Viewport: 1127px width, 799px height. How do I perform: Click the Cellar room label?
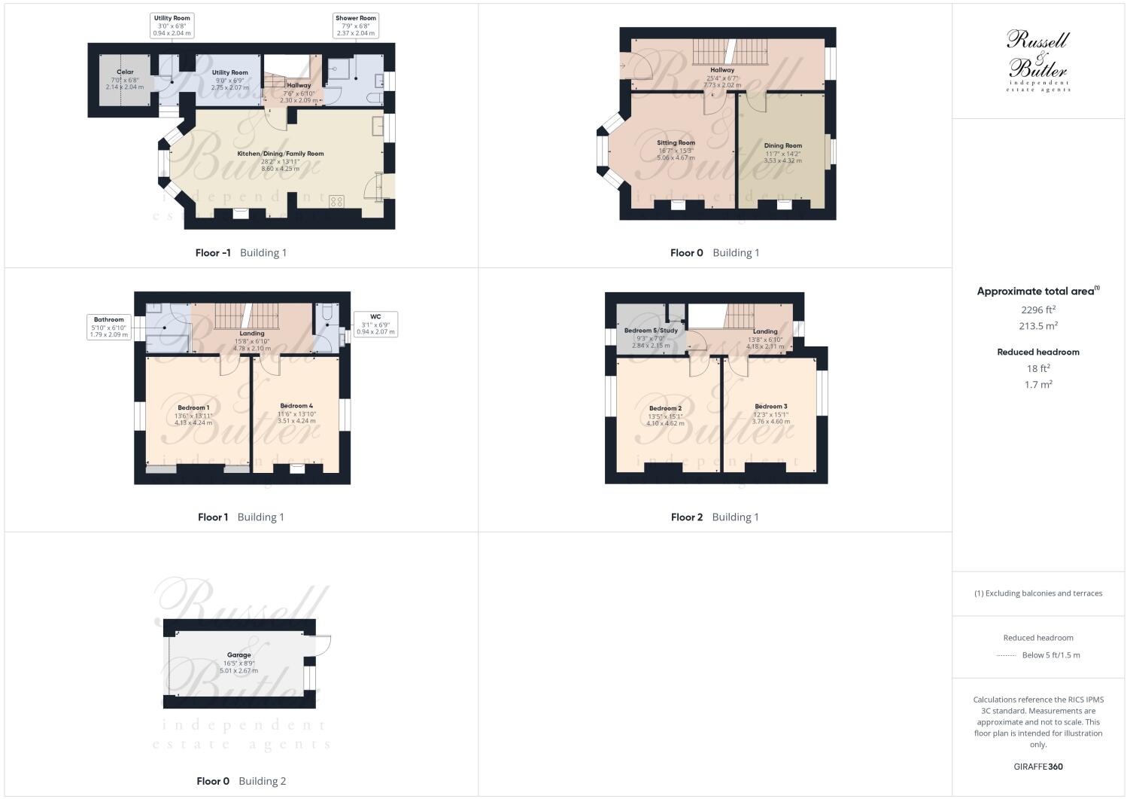tap(125, 72)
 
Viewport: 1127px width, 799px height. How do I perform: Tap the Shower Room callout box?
tap(356, 25)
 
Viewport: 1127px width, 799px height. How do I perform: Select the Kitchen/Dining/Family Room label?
tap(281, 154)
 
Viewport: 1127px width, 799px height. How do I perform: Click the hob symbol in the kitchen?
tap(336, 201)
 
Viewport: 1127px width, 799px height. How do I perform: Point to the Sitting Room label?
tap(676, 143)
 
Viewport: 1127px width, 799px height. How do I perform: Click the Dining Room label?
tap(783, 146)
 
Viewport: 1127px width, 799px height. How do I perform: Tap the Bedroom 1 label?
tap(193, 408)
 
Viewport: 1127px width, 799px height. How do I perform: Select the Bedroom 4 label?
tap(296, 406)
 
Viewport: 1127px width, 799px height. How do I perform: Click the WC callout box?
tap(375, 324)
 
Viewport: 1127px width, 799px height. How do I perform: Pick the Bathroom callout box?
tap(109, 327)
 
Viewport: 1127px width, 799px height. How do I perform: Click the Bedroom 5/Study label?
tap(651, 331)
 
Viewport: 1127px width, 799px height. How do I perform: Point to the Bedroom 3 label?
tap(771, 407)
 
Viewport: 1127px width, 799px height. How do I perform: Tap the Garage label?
tap(239, 655)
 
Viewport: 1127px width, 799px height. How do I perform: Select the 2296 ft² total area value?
tap(1038, 310)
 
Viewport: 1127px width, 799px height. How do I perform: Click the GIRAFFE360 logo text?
tap(1038, 767)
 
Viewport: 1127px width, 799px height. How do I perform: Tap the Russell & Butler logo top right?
tap(1038, 60)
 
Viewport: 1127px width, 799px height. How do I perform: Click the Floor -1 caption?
tap(213, 253)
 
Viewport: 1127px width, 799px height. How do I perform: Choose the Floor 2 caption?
tap(686, 517)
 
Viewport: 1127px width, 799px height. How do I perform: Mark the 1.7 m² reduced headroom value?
tap(1038, 385)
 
